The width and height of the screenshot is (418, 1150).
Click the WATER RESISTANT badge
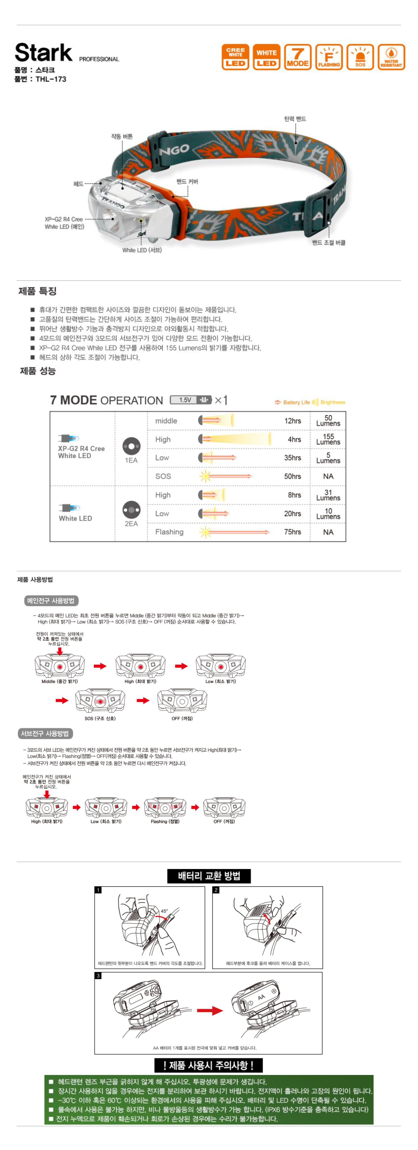391,57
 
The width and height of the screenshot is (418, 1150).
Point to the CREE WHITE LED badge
235,57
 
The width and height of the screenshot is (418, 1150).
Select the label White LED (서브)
142,250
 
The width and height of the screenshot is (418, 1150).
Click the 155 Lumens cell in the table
328,439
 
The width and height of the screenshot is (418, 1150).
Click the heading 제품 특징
38,291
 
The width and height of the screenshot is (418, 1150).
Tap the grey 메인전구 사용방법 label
51,600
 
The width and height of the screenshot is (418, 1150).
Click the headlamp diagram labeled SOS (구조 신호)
100,701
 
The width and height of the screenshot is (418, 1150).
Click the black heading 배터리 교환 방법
209,876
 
